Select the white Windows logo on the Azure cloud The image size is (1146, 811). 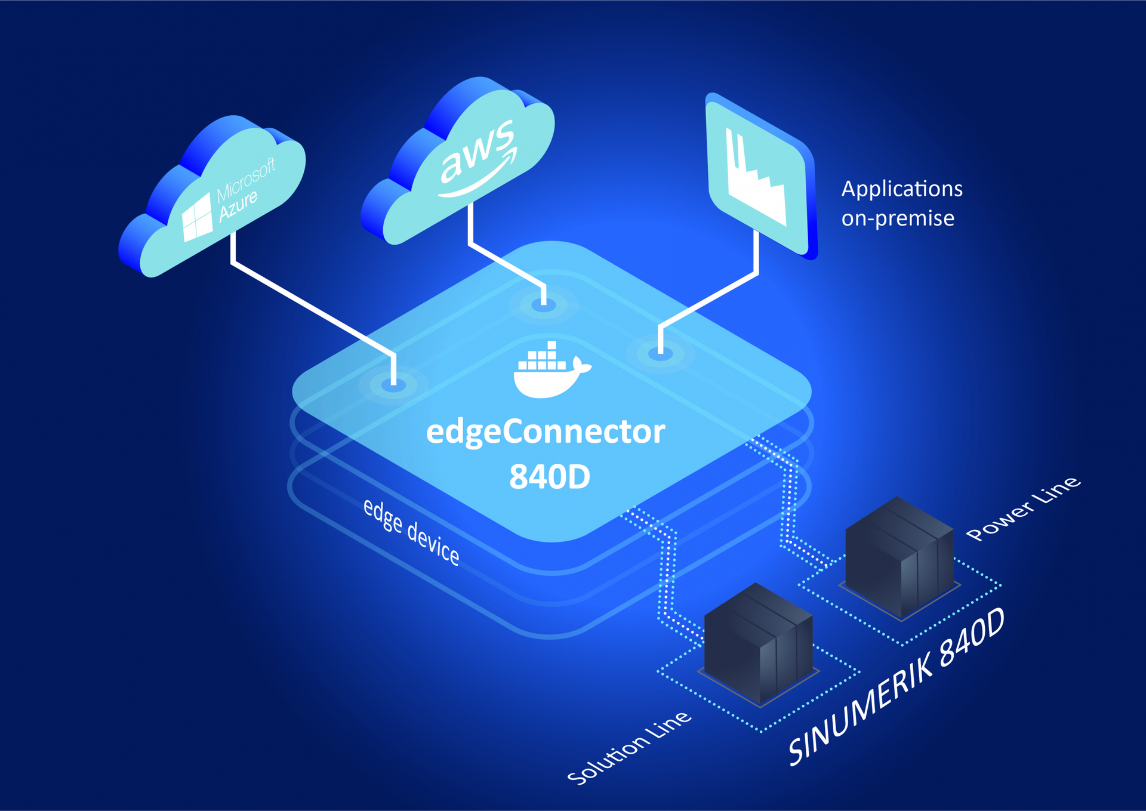coord(197,218)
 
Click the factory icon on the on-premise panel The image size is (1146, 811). coord(755,179)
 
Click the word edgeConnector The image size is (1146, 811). coord(545,431)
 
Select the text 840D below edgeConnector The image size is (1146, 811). coord(549,477)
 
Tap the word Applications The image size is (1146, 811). coord(901,189)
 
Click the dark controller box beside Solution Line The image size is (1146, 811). coord(758,642)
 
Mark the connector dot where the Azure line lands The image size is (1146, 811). coord(393,386)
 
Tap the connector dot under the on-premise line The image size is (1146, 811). coord(660,354)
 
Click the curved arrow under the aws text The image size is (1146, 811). coord(478,179)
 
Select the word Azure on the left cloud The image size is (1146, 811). coord(238,205)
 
